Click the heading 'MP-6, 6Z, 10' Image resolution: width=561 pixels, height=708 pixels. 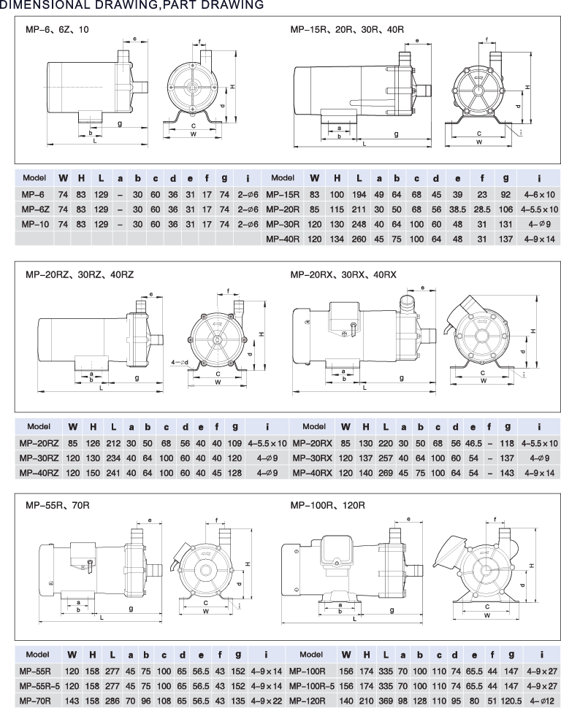click(58, 30)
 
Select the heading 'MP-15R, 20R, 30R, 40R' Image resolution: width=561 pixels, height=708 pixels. click(347, 30)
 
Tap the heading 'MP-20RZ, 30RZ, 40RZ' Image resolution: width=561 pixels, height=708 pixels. click(80, 274)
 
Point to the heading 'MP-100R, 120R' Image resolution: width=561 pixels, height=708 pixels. click(327, 505)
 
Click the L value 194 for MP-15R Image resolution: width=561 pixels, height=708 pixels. click(359, 195)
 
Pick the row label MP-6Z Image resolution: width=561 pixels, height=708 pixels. click(35, 209)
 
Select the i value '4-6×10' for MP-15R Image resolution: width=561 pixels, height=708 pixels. click(539, 195)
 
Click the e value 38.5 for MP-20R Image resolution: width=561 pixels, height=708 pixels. click(457, 209)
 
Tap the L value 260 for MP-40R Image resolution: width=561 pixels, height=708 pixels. click(359, 239)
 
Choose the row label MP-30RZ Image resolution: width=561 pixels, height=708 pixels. click(39, 458)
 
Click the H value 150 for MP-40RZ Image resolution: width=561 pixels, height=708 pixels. click(93, 473)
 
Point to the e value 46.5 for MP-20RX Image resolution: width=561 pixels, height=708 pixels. click(473, 443)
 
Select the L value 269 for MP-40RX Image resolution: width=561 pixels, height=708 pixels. click(386, 473)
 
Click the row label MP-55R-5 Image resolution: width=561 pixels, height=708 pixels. click(39, 686)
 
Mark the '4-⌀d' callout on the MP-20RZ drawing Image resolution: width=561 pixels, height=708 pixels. click(180, 362)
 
